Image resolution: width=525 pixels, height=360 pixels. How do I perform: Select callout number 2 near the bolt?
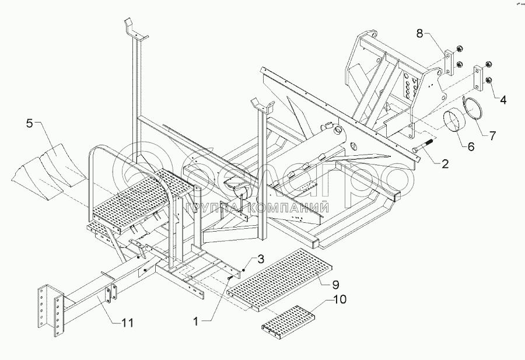(x=444, y=164)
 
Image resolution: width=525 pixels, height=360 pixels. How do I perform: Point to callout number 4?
(x=502, y=99)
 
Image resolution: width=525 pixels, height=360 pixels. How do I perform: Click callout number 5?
(x=29, y=123)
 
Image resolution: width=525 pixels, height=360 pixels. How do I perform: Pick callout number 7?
(x=492, y=136)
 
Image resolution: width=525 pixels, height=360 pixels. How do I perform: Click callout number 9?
(x=335, y=285)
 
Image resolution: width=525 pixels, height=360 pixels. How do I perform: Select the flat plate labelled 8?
(x=449, y=63)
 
